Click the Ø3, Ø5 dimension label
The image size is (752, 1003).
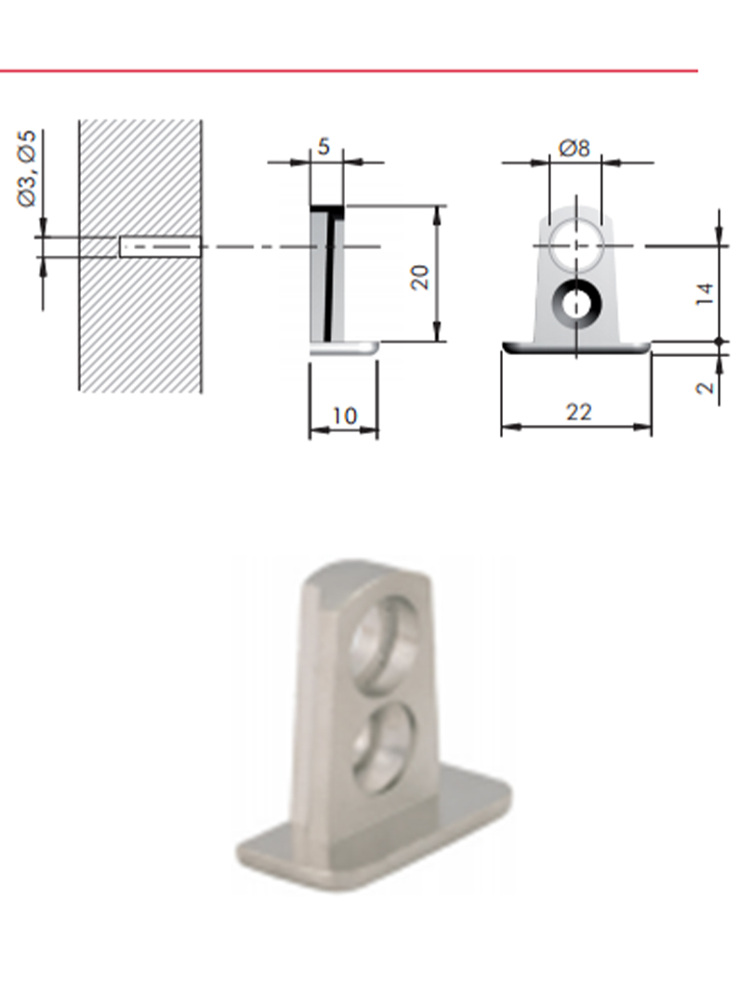click(27, 169)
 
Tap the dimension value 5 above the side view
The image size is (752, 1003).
click(323, 147)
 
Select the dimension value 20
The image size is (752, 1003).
click(419, 277)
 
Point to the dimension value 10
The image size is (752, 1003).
click(344, 416)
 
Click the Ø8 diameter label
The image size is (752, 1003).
click(574, 149)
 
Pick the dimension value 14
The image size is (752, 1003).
click(705, 293)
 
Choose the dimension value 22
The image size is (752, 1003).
click(579, 412)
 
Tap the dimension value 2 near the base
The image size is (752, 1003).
click(705, 388)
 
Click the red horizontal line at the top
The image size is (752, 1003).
click(349, 71)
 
